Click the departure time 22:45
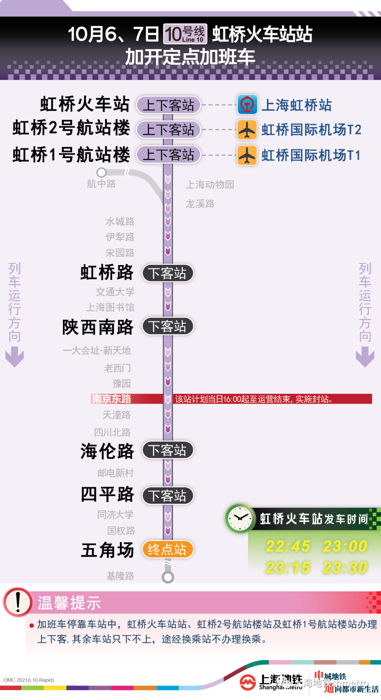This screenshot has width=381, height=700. tap(288, 546)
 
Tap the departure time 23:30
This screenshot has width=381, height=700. tap(345, 568)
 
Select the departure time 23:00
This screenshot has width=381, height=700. tap(345, 546)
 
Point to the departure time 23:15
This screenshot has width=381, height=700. tap(288, 568)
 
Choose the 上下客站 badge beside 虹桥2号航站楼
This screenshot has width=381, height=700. tap(168, 130)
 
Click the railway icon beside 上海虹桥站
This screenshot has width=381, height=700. tap(247, 104)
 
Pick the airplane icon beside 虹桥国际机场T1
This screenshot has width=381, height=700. tap(247, 155)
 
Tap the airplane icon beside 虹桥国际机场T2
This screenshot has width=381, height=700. tap(247, 130)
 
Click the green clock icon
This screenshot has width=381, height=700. tap(240, 519)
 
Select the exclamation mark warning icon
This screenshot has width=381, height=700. tap(18, 602)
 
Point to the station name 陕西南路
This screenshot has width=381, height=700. tap(98, 327)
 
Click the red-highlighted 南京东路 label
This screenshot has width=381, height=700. tap(111, 399)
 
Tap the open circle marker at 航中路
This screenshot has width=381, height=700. tap(102, 172)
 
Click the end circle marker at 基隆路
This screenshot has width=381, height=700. tap(168, 577)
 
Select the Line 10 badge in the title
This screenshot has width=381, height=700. tap(185, 34)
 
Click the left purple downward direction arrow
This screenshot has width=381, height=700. tap(14, 357)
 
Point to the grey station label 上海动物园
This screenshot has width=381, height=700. tap(210, 184)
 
